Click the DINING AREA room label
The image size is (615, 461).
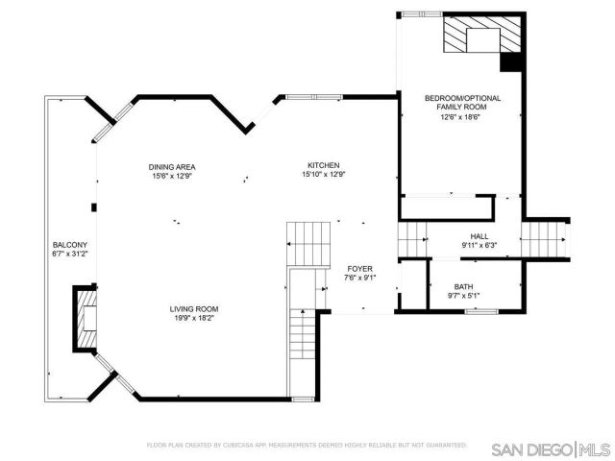(173, 166)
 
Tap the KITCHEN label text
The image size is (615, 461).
(323, 165)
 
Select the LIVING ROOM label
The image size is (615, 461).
(194, 308)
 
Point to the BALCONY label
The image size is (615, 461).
(69, 244)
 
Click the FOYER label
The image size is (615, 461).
(359, 268)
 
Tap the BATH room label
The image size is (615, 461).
(464, 286)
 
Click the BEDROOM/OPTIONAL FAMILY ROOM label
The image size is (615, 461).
(462, 102)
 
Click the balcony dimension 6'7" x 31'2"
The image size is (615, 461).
(69, 254)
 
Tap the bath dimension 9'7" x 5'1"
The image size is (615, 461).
(464, 296)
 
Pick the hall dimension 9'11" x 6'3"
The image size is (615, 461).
(479, 245)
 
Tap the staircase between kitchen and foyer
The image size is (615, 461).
(308, 243)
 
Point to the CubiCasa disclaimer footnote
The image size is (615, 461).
(307, 446)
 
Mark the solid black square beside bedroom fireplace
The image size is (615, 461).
(512, 61)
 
